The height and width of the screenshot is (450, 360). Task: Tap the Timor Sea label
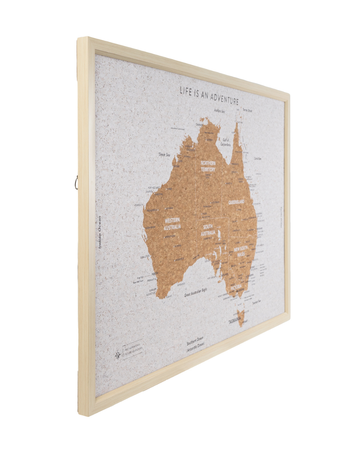coord(164,155)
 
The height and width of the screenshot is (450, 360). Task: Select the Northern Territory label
coord(208,166)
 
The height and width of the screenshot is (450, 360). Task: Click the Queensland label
coord(236,202)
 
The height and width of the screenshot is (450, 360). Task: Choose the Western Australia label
coord(172,224)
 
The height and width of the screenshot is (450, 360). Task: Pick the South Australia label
coord(208,230)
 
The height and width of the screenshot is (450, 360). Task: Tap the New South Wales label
coord(241,252)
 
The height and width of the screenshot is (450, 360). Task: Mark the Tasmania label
coord(235,322)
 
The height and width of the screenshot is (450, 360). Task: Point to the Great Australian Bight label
coord(196,293)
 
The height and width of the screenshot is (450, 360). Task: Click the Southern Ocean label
coord(195,342)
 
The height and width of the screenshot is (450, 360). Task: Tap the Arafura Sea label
coord(220,109)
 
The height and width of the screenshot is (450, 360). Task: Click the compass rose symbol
coord(118,355)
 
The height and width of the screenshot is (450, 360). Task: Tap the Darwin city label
coord(199,125)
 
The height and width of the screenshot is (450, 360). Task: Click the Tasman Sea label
coord(256,302)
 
